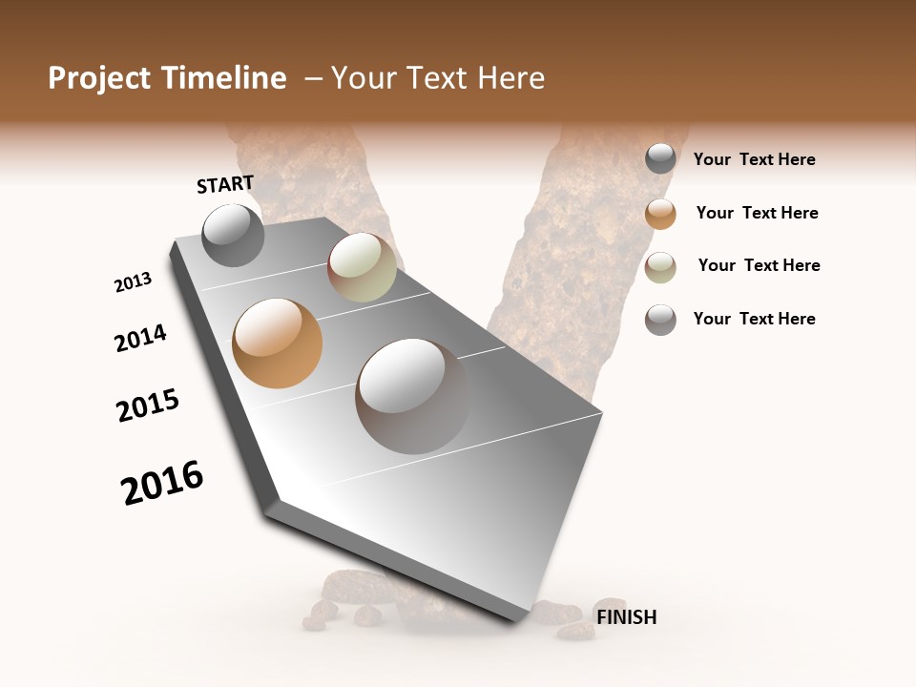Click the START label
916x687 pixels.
click(225, 184)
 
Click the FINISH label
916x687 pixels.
click(626, 617)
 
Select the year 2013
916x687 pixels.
click(133, 282)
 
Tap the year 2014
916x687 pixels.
click(140, 339)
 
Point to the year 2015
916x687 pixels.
click(148, 406)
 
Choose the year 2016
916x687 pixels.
click(162, 483)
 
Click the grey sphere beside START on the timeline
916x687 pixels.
click(233, 236)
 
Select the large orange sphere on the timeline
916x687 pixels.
click(277, 343)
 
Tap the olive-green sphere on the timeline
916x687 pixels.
click(362, 267)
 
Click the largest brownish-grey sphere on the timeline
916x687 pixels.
click(413, 395)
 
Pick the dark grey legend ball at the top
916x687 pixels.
click(660, 158)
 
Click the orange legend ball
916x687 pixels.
click(660, 214)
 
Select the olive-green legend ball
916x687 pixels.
click(660, 267)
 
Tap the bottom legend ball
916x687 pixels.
click(660, 320)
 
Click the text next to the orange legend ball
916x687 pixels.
click(757, 213)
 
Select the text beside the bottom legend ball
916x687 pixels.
click(754, 319)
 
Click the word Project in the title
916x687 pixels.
click(100, 78)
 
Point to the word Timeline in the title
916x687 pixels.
click(224, 78)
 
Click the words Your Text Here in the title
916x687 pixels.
click(438, 78)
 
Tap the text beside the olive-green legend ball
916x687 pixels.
click(759, 265)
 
